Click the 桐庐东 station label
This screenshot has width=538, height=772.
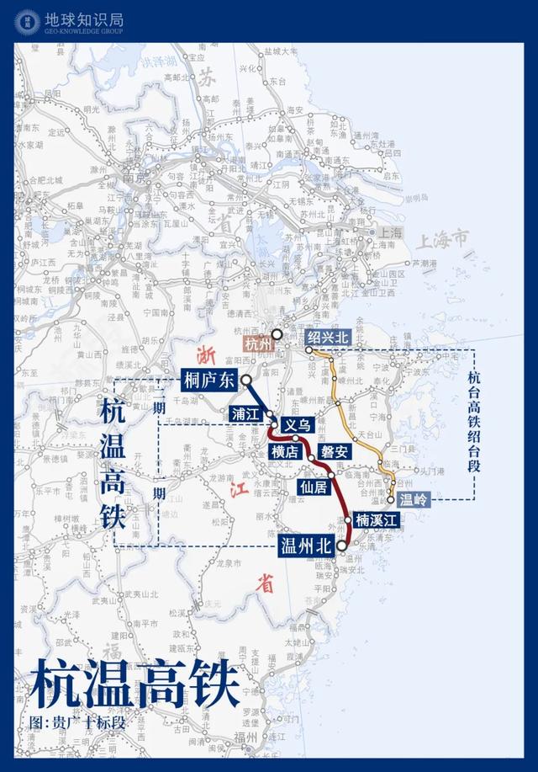click(210, 381)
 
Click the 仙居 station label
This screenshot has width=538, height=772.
click(313, 487)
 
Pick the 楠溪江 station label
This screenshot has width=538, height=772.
click(375, 520)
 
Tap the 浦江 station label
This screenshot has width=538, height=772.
click(246, 413)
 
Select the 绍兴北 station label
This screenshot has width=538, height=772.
click(327, 337)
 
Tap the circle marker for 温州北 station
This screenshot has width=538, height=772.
click(342, 546)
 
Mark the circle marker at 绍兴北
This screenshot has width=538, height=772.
click(309, 349)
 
